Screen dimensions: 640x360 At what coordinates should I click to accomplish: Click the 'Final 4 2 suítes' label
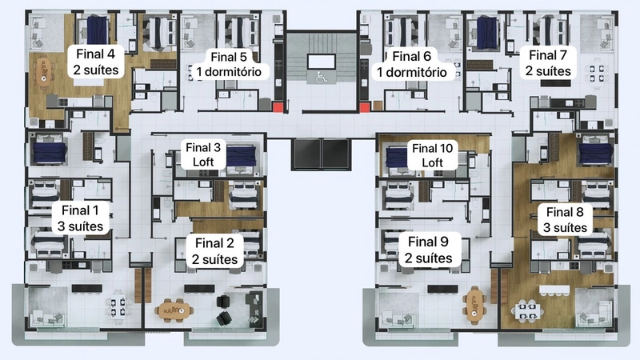[96, 62]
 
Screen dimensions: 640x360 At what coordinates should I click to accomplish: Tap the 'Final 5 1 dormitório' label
[229, 64]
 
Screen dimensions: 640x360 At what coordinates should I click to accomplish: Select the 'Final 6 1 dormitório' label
[411, 64]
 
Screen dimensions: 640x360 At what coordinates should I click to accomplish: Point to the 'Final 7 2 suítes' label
[548, 62]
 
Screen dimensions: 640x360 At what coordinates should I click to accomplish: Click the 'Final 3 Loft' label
[203, 154]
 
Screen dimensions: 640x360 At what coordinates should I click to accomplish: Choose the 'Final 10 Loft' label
[432, 155]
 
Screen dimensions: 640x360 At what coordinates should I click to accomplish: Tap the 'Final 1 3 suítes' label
[80, 218]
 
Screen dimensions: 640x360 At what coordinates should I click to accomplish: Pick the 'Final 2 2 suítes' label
[214, 251]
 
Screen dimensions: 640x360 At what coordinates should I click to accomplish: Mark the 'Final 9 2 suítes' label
[429, 250]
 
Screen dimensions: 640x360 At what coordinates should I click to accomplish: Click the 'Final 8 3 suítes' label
[565, 219]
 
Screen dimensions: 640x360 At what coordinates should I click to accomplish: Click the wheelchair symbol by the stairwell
[322, 77]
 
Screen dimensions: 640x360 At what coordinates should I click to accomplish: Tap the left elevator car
[306, 154]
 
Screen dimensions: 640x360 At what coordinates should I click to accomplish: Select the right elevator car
[336, 154]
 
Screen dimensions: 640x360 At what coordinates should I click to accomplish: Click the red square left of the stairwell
[278, 108]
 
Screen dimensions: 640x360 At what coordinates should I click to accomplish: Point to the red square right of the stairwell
[365, 108]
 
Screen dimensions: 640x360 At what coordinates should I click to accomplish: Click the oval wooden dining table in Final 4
[44, 72]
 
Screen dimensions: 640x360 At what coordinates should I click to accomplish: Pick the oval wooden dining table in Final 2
[174, 310]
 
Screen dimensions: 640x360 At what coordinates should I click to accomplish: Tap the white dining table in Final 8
[527, 310]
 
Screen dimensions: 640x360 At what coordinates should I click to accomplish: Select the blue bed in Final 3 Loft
[242, 156]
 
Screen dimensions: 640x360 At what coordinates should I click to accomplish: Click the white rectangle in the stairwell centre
[322, 62]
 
